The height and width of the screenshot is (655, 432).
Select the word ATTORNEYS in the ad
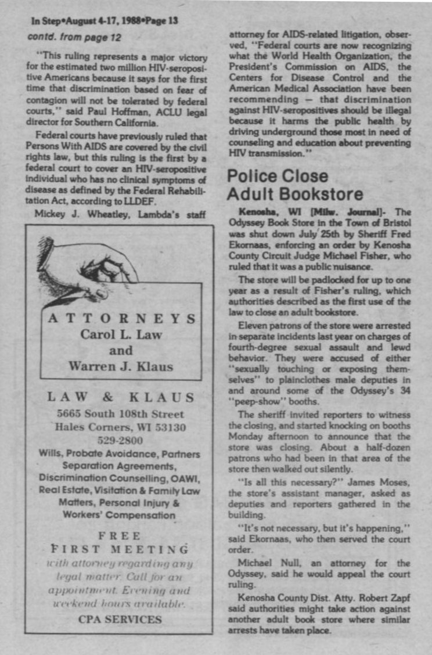(121, 318)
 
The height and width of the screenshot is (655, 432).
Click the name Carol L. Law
(121, 334)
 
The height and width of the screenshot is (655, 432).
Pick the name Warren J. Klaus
(121, 366)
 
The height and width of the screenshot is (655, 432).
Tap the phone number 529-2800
(121, 440)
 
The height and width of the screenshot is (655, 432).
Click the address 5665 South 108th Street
(121, 414)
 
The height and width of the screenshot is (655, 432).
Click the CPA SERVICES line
(120, 619)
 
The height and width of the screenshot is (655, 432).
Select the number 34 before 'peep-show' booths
(406, 390)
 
